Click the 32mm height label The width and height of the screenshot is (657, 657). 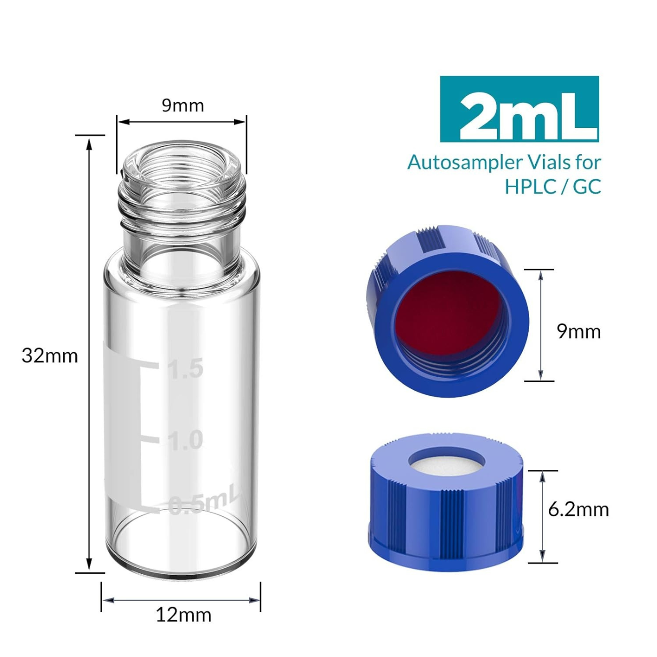pyautogui.click(x=50, y=356)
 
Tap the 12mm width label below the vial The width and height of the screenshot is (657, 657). pyautogui.click(x=183, y=615)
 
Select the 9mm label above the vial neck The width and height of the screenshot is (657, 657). pyautogui.click(x=183, y=105)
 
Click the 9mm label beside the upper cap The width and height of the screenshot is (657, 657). pyautogui.click(x=578, y=332)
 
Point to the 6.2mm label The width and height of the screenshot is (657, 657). pyautogui.click(x=578, y=509)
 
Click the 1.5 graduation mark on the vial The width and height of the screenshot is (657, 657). pyautogui.click(x=186, y=368)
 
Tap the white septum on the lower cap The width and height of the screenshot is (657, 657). pyautogui.click(x=445, y=465)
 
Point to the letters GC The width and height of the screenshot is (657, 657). pyautogui.click(x=587, y=187)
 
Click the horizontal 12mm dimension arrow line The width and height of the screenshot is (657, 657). pyautogui.click(x=181, y=600)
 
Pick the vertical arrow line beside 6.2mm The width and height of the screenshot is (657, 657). pyautogui.click(x=542, y=516)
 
